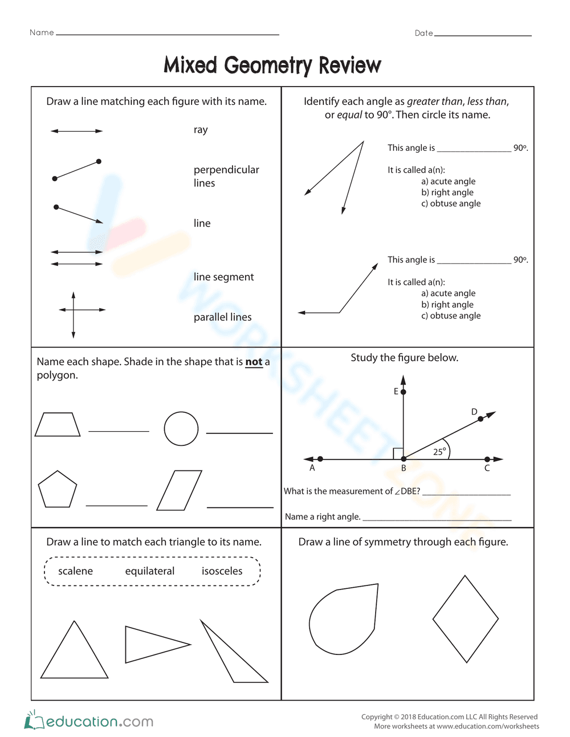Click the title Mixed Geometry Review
click(x=272, y=65)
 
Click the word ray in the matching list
click(x=201, y=130)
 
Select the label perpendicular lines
click(x=226, y=176)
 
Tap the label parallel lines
click(x=222, y=317)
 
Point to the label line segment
click(x=223, y=277)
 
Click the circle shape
click(x=181, y=428)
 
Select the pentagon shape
click(x=57, y=490)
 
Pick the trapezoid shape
click(x=58, y=425)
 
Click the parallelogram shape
click(x=179, y=490)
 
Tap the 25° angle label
click(x=439, y=452)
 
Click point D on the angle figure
click(x=481, y=419)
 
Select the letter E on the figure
click(x=396, y=391)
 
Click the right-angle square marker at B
click(x=398, y=453)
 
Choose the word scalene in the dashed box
click(x=75, y=571)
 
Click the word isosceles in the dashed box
click(x=222, y=571)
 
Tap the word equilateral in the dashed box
click(x=150, y=571)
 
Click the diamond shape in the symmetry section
click(x=466, y=619)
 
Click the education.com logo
click(x=89, y=721)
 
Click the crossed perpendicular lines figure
click(x=74, y=310)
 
